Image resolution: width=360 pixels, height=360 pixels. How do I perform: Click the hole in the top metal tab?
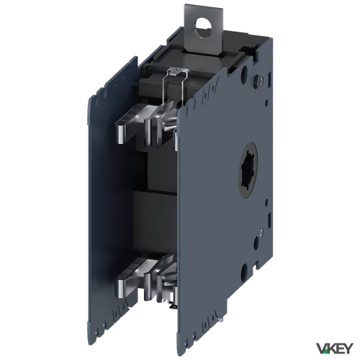(x=202, y=27)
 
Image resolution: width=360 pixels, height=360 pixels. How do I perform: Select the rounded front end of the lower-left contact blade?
(x=121, y=287)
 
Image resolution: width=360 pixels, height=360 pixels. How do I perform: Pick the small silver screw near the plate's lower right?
(x=261, y=232)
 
